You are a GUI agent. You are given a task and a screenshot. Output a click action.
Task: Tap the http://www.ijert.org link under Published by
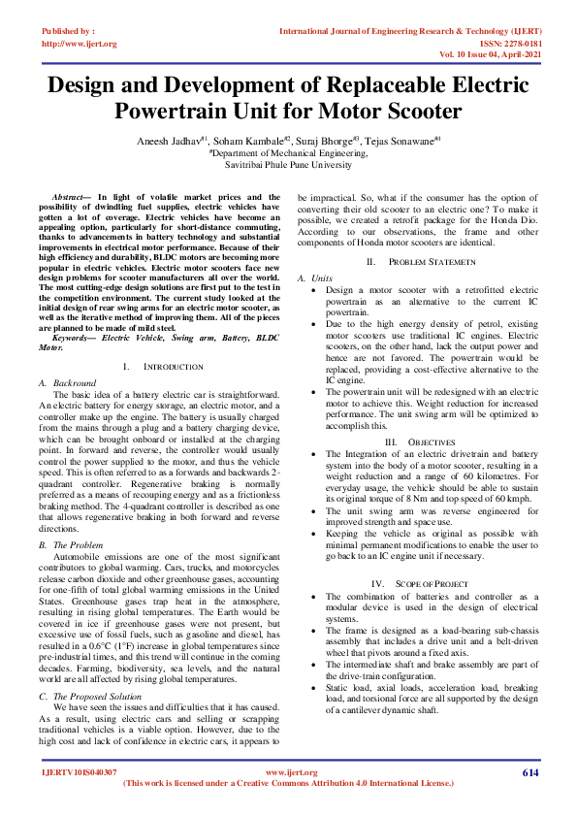79,44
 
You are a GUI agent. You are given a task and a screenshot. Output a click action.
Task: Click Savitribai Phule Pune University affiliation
288,166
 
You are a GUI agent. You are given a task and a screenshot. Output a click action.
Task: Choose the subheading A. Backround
68,384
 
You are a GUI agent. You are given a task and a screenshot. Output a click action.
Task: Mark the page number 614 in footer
529,772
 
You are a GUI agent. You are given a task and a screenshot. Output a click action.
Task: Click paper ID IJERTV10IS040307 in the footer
79,772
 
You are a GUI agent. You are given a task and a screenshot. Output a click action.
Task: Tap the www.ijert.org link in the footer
288,772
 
